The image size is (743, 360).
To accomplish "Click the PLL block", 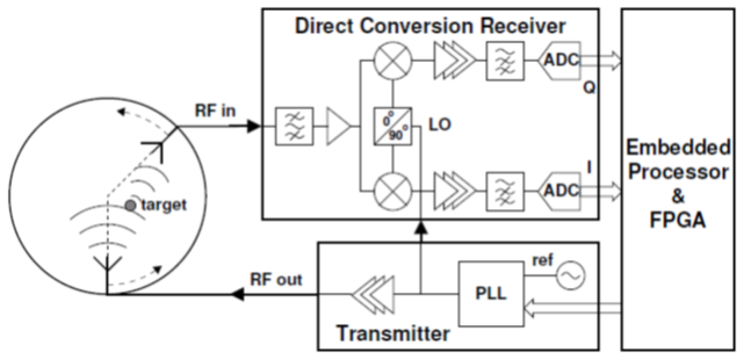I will [x=490, y=294].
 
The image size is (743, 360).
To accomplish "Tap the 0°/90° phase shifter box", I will [x=393, y=126].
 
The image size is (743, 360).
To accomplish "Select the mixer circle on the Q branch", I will [x=393, y=61].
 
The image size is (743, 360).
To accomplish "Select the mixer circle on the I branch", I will [x=393, y=192].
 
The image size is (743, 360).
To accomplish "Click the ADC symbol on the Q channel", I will [x=560, y=61].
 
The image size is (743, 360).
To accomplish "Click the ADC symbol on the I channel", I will [x=560, y=191].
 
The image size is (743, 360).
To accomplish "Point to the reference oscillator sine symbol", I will [x=571, y=276].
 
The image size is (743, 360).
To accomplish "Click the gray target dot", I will [x=130, y=205].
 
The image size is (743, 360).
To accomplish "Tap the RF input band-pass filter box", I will [x=294, y=126].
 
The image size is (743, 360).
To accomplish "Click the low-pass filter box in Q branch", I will [x=505, y=61].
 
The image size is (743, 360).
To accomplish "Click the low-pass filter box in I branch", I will [x=505, y=191].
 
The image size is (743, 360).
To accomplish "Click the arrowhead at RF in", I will [x=254, y=126].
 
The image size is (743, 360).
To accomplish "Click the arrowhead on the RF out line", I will [x=238, y=294].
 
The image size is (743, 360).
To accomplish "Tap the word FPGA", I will [x=678, y=220].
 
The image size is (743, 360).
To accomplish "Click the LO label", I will [x=439, y=125].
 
